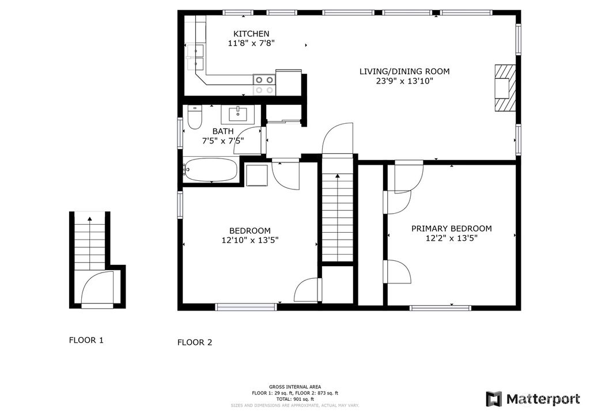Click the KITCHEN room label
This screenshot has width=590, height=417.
[251, 34]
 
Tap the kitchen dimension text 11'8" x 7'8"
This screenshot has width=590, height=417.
[251, 43]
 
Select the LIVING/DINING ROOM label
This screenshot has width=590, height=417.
[404, 71]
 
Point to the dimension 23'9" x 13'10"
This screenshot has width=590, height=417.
[404, 81]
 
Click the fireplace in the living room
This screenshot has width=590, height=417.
[503, 87]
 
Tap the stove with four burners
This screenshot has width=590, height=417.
[264, 85]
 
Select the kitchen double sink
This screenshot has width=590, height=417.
[197, 55]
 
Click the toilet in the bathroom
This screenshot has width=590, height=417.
[194, 118]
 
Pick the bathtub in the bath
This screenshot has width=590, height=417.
[210, 169]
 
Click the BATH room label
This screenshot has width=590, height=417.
[222, 131]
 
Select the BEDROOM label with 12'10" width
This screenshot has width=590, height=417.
[249, 230]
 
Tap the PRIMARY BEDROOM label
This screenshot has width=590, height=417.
[451, 229]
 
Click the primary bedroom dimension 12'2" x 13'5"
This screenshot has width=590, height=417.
[451, 238]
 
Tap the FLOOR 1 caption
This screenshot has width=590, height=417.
[86, 340]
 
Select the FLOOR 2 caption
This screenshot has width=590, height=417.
[194, 342]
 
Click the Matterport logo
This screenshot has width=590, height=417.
[534, 399]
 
